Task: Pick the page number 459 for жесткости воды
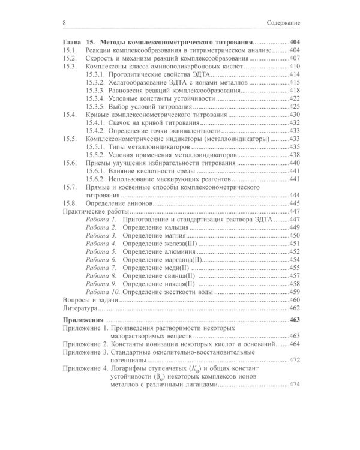(x=294, y=292)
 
